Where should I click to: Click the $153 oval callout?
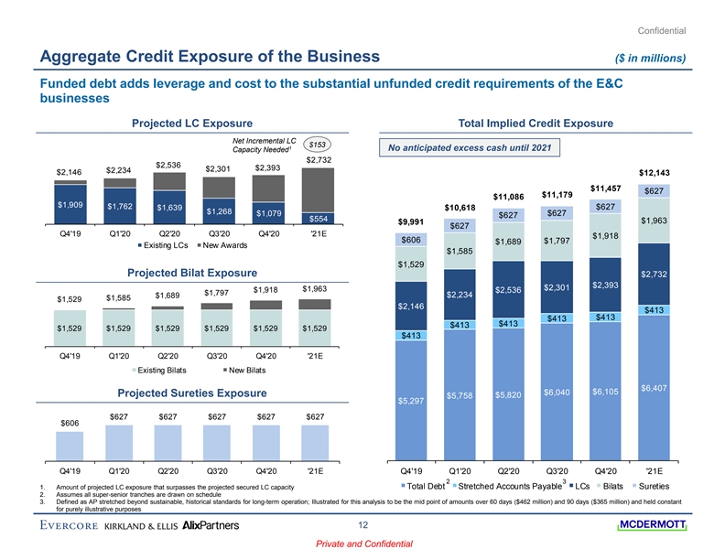click(x=318, y=145)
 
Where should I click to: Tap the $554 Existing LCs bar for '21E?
click(x=317, y=219)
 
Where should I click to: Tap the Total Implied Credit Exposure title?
click(x=540, y=124)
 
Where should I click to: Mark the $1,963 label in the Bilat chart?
click(x=316, y=289)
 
